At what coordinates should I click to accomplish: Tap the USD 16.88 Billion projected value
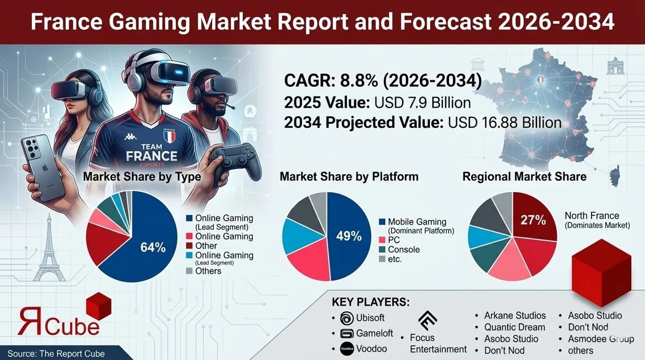pyautogui.click(x=505, y=123)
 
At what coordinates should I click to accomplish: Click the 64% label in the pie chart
pyautogui.click(x=153, y=247)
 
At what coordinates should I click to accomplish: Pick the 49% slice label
pyautogui.click(x=349, y=236)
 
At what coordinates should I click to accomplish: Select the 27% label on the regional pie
pyautogui.click(x=533, y=219)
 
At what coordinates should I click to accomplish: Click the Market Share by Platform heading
pyautogui.click(x=349, y=177)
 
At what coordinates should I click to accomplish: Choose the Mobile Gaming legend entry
pyautogui.click(x=417, y=222)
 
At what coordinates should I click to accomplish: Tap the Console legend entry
pyautogui.click(x=404, y=250)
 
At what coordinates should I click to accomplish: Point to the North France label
pyautogui.click(x=591, y=216)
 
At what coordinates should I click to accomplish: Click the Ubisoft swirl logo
pyautogui.click(x=346, y=318)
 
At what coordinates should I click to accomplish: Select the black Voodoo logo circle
pyautogui.click(x=346, y=349)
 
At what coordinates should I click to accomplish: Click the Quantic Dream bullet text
pyautogui.click(x=514, y=327)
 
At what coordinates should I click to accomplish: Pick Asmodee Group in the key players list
pyautogui.click(x=600, y=339)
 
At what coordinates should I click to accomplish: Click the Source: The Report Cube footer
pyautogui.click(x=56, y=353)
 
